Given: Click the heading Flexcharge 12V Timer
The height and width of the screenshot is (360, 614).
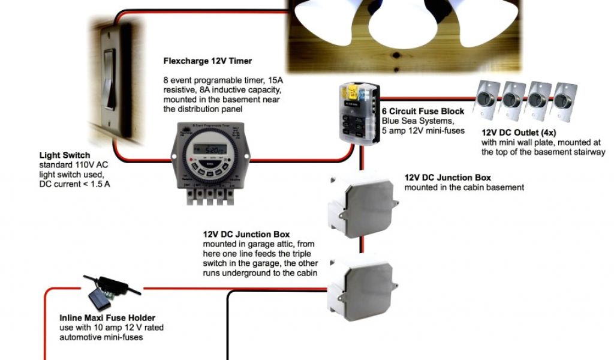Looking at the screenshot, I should [x=207, y=61].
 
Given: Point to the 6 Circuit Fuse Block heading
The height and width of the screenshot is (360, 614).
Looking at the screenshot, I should [x=423, y=112].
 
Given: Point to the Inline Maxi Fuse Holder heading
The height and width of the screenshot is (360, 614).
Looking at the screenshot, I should [x=107, y=318].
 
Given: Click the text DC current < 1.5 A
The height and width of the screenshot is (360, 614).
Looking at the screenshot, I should [x=74, y=183].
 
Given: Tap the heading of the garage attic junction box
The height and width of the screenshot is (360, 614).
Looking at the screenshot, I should [x=246, y=235].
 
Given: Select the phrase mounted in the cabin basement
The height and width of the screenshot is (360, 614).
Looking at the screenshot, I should [x=464, y=187].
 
